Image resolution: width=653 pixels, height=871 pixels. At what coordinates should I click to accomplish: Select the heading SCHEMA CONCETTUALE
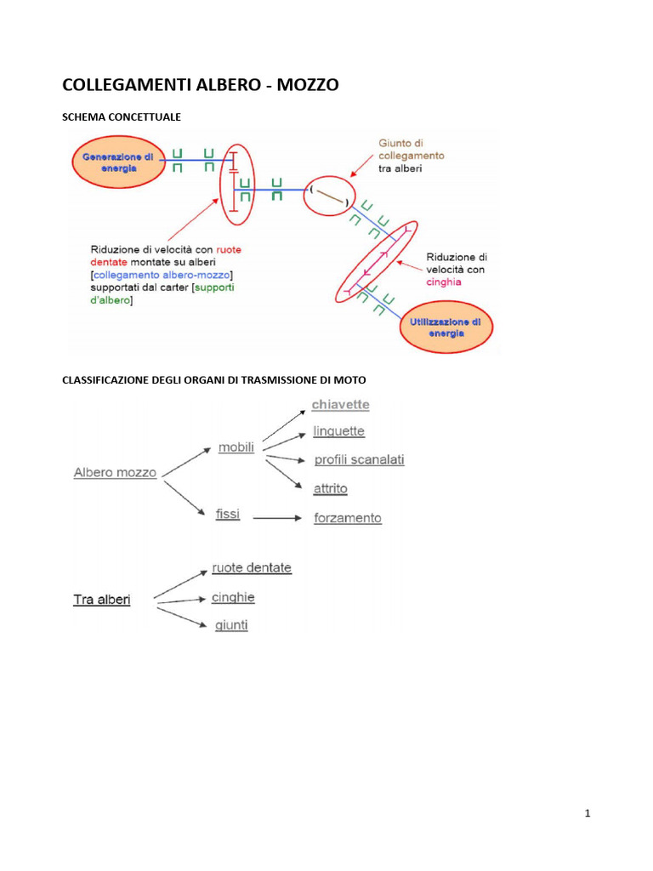pyautogui.click(x=122, y=116)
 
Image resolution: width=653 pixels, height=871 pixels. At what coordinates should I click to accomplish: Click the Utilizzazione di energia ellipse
pyautogui.click(x=446, y=327)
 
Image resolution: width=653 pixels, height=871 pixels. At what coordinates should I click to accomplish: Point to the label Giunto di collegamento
pyautogui.click(x=411, y=150)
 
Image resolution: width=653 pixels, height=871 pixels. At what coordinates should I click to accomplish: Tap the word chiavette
pyautogui.click(x=340, y=404)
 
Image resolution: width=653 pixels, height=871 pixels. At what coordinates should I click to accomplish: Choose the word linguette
pyautogui.click(x=338, y=431)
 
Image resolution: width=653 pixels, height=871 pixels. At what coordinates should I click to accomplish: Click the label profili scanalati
pyautogui.click(x=359, y=460)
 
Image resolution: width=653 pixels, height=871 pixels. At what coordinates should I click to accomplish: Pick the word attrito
pyautogui.click(x=330, y=489)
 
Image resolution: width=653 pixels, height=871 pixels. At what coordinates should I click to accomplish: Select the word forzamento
pyautogui.click(x=347, y=518)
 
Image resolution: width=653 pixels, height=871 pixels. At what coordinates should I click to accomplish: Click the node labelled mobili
pyautogui.click(x=236, y=447)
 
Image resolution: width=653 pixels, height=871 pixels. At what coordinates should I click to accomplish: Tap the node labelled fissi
pyautogui.click(x=228, y=515)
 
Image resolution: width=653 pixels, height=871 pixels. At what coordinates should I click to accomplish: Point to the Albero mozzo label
pyautogui.click(x=115, y=472)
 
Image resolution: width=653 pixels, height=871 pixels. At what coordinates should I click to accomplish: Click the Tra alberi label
pyautogui.click(x=102, y=600)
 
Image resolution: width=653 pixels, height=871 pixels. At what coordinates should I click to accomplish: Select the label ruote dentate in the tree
pyautogui.click(x=251, y=567)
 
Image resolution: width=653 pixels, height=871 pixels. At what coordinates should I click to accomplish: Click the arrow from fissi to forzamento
pyautogui.click(x=276, y=517)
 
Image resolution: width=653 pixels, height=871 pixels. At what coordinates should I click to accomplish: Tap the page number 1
pyautogui.click(x=588, y=814)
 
